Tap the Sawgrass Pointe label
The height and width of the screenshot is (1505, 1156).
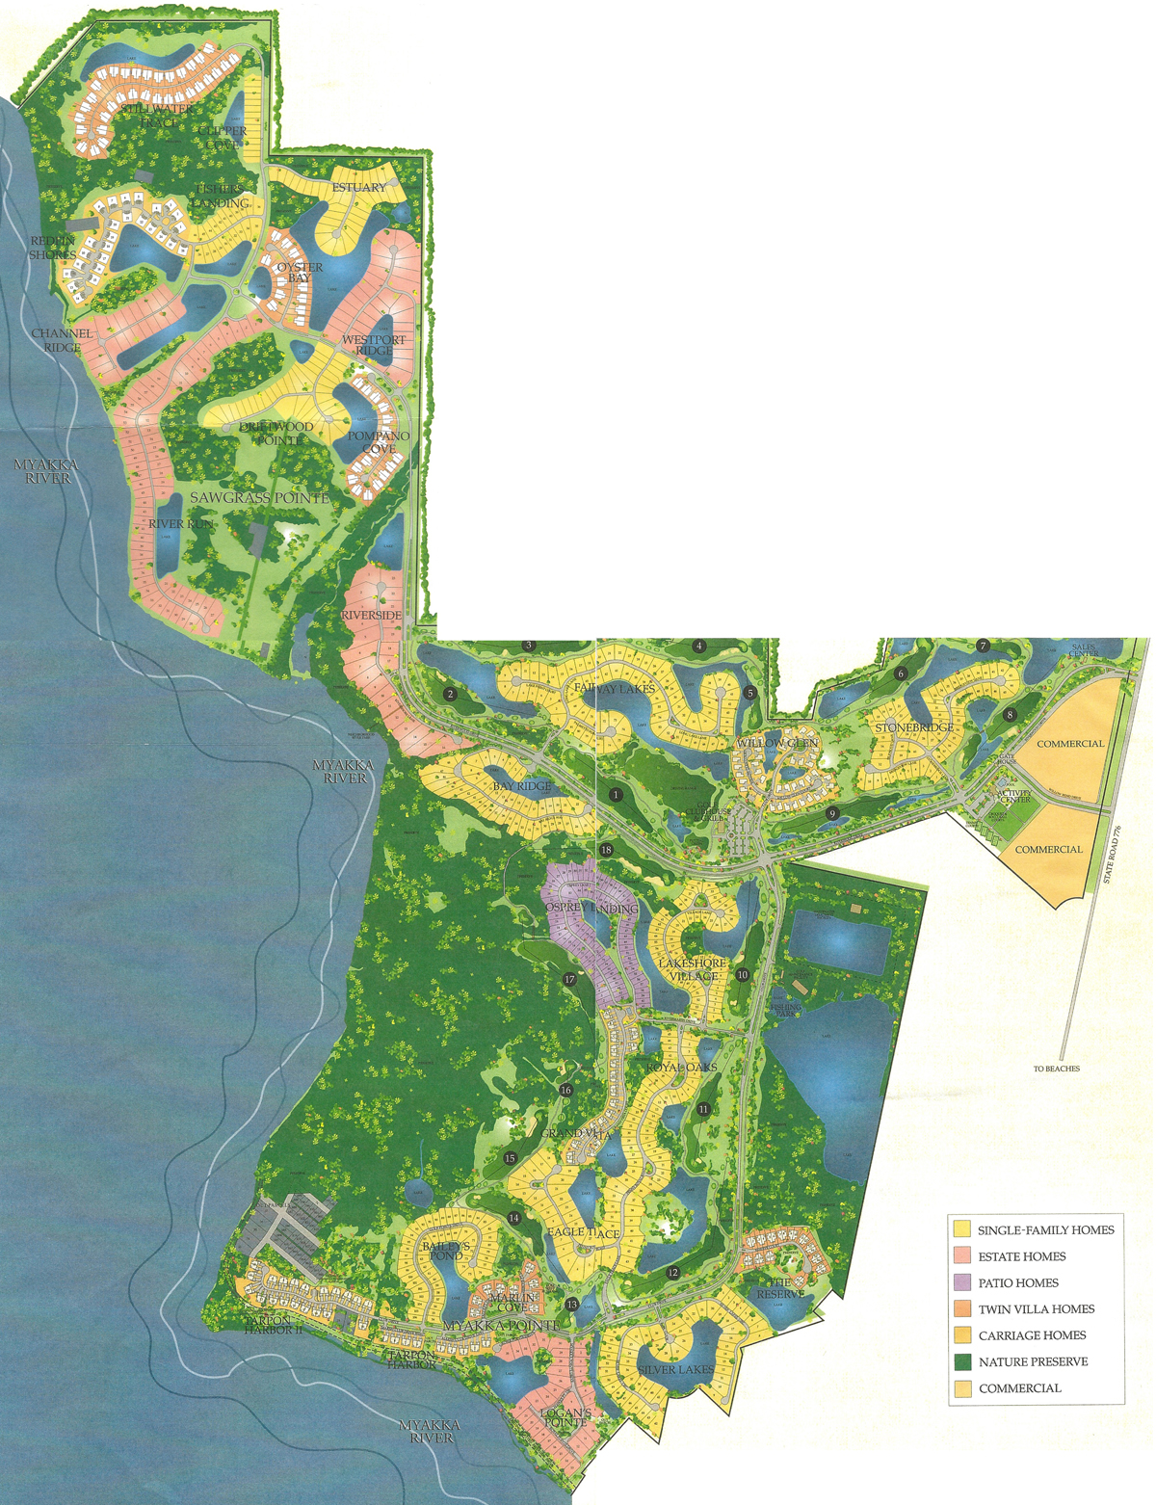(x=259, y=498)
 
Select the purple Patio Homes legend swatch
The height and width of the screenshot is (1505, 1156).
(x=961, y=1282)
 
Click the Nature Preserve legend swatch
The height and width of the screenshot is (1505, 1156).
(x=961, y=1361)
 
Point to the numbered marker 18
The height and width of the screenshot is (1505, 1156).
(x=606, y=850)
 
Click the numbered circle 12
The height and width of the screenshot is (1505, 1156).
(x=672, y=1273)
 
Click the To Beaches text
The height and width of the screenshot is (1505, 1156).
(x=1056, y=1069)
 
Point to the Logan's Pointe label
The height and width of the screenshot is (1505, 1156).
(x=565, y=1416)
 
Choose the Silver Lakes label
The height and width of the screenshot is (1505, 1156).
(x=676, y=1369)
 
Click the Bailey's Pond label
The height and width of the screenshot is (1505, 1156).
(x=445, y=1251)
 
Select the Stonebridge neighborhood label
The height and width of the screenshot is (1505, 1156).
(x=913, y=727)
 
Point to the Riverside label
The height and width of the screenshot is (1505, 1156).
(x=371, y=615)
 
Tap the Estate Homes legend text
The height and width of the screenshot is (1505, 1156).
(x=1022, y=1256)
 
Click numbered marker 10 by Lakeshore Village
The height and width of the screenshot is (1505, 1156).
(x=742, y=975)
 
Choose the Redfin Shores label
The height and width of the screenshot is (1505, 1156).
(x=52, y=248)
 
